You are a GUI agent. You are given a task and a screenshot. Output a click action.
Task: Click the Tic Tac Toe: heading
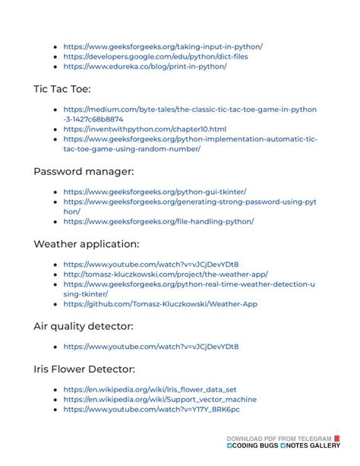pyautogui.click(x=62, y=89)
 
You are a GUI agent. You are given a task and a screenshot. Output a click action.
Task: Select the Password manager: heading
pyautogui.click(x=84, y=172)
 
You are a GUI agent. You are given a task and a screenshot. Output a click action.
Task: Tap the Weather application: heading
pyautogui.click(x=86, y=244)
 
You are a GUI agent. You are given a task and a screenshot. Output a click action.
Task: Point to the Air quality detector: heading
pyautogui.click(x=84, y=326)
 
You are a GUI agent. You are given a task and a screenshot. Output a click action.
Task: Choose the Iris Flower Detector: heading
pyautogui.click(x=84, y=369)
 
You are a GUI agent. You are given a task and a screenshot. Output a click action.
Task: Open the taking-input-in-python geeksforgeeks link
pyautogui.click(x=163, y=46)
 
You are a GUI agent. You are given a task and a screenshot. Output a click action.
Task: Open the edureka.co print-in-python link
pyautogui.click(x=144, y=66)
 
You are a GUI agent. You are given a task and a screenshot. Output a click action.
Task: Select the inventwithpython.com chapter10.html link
pyautogui.click(x=144, y=129)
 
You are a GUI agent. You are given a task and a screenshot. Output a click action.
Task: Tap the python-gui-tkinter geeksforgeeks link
pyautogui.click(x=154, y=192)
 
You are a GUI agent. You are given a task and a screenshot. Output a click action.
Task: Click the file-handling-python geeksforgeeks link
pyautogui.click(x=158, y=221)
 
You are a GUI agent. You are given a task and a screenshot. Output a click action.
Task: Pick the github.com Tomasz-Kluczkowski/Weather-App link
pyautogui.click(x=160, y=303)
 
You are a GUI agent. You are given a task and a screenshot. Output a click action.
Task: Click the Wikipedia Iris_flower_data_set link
pyautogui.click(x=150, y=389)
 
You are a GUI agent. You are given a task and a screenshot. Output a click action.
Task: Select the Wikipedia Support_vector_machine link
pyautogui.click(x=159, y=399)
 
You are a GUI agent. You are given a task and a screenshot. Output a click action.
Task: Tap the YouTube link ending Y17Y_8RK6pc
pyautogui.click(x=151, y=409)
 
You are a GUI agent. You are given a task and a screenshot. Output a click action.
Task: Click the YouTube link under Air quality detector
pyautogui.click(x=150, y=347)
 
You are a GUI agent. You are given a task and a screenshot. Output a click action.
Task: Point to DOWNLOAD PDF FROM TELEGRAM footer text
pyautogui.click(x=279, y=439)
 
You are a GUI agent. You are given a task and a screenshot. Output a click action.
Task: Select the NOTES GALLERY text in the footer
pyautogui.click(x=314, y=446)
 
